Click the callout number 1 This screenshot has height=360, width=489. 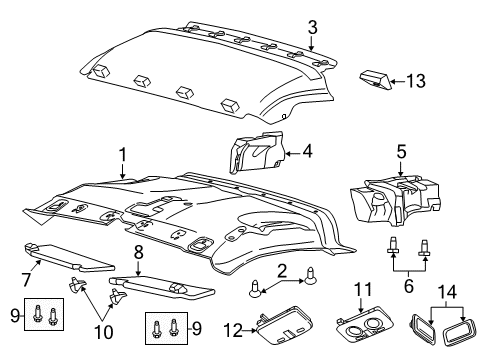click(122, 155)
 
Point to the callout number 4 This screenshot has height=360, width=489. click(308, 153)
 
